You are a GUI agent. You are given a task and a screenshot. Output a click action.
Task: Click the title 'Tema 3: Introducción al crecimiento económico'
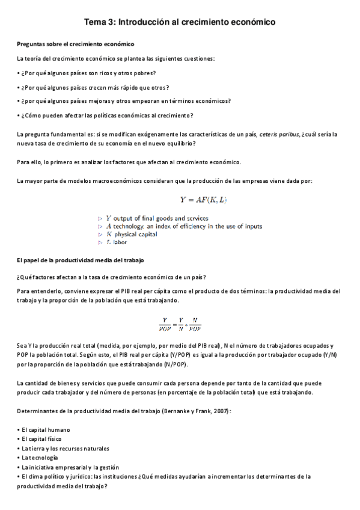click(x=180, y=22)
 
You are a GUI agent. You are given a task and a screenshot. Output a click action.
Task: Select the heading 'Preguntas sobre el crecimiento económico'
click(x=75, y=45)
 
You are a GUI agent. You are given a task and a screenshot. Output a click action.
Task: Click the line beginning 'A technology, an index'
click(x=183, y=226)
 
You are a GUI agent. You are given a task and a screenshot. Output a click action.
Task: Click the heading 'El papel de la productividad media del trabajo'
click(x=81, y=260)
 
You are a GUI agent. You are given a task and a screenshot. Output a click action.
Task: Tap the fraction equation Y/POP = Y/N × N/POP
click(x=180, y=324)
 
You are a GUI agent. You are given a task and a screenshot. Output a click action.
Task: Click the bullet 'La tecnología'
click(x=42, y=458)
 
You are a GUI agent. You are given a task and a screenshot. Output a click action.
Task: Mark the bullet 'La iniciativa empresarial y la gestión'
click(x=69, y=467)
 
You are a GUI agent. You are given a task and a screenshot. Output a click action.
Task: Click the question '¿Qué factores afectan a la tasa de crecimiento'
click(x=112, y=277)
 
